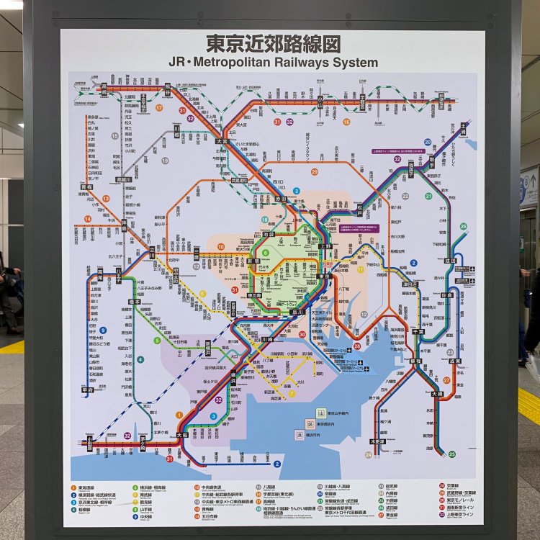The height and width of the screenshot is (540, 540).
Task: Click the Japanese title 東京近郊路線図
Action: pos(273,43)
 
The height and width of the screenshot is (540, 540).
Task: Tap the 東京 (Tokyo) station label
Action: pos(325,276)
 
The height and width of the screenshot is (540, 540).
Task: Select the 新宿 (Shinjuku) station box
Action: pos(253,261)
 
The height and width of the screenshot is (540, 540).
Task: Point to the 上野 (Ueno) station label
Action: pos(325,246)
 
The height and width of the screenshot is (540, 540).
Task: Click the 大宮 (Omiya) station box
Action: pos(222,143)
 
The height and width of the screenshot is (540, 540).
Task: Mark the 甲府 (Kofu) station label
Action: pos(87,390)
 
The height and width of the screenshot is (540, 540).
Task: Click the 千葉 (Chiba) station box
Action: pos(415,331)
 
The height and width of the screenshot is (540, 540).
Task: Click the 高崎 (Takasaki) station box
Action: pos(103,89)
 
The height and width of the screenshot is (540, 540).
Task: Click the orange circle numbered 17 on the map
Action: pos(159,107)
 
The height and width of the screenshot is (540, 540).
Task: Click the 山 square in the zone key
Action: pos(320,413)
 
